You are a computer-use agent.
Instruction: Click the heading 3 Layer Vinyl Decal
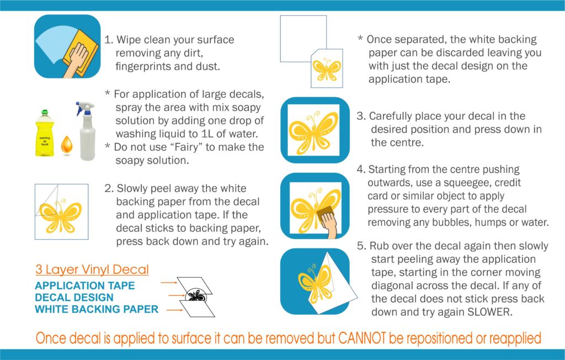click(x=92, y=270)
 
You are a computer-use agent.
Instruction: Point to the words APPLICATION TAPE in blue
click(x=84, y=286)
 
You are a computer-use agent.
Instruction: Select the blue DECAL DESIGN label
click(x=74, y=298)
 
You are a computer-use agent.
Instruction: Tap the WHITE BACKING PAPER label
click(x=97, y=310)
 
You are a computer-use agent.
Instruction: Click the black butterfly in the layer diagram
click(x=196, y=296)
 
